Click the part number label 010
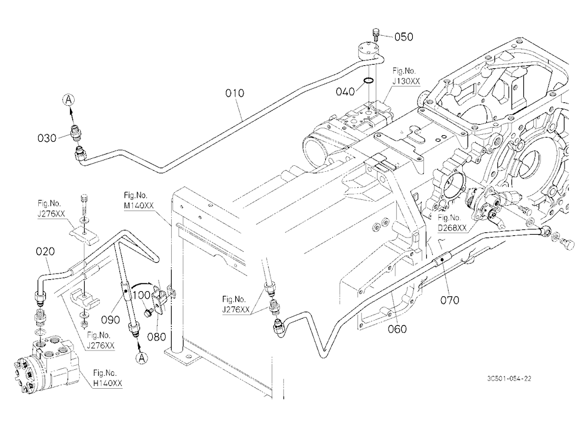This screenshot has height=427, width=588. (x=235, y=93)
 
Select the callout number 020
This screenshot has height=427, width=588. (x=45, y=251)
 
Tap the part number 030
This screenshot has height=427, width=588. (x=47, y=138)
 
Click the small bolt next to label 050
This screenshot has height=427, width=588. (x=376, y=35)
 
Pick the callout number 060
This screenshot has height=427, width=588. (x=397, y=329)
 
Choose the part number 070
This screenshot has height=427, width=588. (x=450, y=300)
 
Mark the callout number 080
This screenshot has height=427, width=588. (x=156, y=337)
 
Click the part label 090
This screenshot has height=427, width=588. (x=111, y=320)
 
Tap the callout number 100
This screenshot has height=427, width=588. (x=142, y=295)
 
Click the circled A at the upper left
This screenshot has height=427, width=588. (x=68, y=100)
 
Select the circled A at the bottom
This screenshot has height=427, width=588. (x=141, y=358)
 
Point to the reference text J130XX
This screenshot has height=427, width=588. (x=406, y=81)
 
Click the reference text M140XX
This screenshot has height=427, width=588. (x=139, y=206)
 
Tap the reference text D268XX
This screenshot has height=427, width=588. (x=453, y=228)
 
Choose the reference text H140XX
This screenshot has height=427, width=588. (x=108, y=383)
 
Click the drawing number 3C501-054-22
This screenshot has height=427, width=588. (x=509, y=379)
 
